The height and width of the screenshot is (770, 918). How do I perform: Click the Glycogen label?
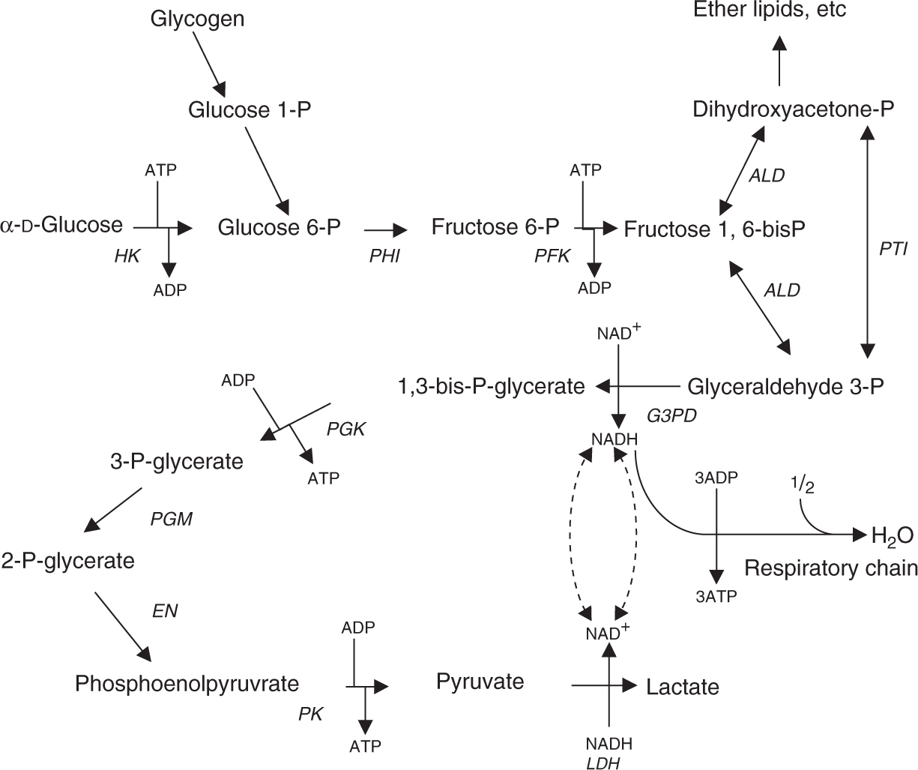[x=197, y=19]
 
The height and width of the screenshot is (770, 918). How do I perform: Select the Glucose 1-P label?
[x=249, y=110]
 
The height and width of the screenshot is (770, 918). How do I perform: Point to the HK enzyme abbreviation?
[x=127, y=256]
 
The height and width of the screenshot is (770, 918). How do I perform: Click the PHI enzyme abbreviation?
[x=384, y=256]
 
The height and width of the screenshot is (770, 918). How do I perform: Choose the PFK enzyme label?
[x=552, y=256]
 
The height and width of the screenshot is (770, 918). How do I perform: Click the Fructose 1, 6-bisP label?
[x=714, y=228]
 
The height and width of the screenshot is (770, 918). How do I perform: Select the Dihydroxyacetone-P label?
[x=793, y=110]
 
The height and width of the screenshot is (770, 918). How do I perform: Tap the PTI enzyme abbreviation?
[x=893, y=249]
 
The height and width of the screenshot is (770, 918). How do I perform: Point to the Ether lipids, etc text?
[x=769, y=10]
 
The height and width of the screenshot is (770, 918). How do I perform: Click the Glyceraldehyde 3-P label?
[x=785, y=386]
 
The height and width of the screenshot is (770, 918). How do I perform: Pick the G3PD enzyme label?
[x=671, y=415]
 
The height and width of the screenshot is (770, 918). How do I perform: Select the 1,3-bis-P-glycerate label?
[x=491, y=386]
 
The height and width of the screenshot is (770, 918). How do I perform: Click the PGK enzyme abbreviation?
[x=345, y=430]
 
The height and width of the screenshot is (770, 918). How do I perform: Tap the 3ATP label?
[x=717, y=596]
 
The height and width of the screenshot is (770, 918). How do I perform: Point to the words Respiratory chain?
[x=830, y=568]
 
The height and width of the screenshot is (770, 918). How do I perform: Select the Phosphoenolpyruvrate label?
[x=187, y=683]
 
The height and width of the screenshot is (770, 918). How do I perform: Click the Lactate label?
[x=682, y=686]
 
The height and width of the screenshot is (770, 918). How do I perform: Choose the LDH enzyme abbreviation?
[x=609, y=762]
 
